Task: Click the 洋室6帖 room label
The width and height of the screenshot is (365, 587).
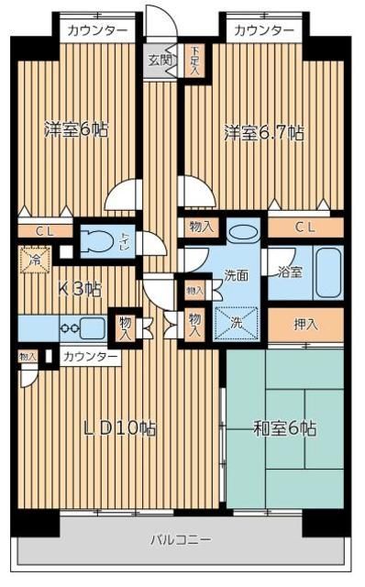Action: click(x=76, y=129)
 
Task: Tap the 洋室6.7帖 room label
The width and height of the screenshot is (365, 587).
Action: click(x=264, y=133)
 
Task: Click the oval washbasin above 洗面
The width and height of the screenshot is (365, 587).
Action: click(x=242, y=233)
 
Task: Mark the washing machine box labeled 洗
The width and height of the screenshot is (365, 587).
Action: click(x=238, y=323)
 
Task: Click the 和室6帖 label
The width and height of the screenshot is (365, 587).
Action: click(x=284, y=427)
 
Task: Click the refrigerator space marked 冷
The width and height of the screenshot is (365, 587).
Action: click(x=33, y=260)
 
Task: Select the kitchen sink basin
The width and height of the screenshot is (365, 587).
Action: click(x=93, y=327)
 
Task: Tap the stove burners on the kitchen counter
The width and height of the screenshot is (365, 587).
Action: click(x=69, y=327)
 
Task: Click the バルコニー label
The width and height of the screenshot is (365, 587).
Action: click(x=181, y=539)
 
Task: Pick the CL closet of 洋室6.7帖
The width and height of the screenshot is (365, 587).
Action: click(x=306, y=227)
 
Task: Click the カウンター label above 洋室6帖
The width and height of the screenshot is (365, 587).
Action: click(x=96, y=30)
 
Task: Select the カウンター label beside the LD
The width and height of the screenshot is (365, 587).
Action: click(x=89, y=356)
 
